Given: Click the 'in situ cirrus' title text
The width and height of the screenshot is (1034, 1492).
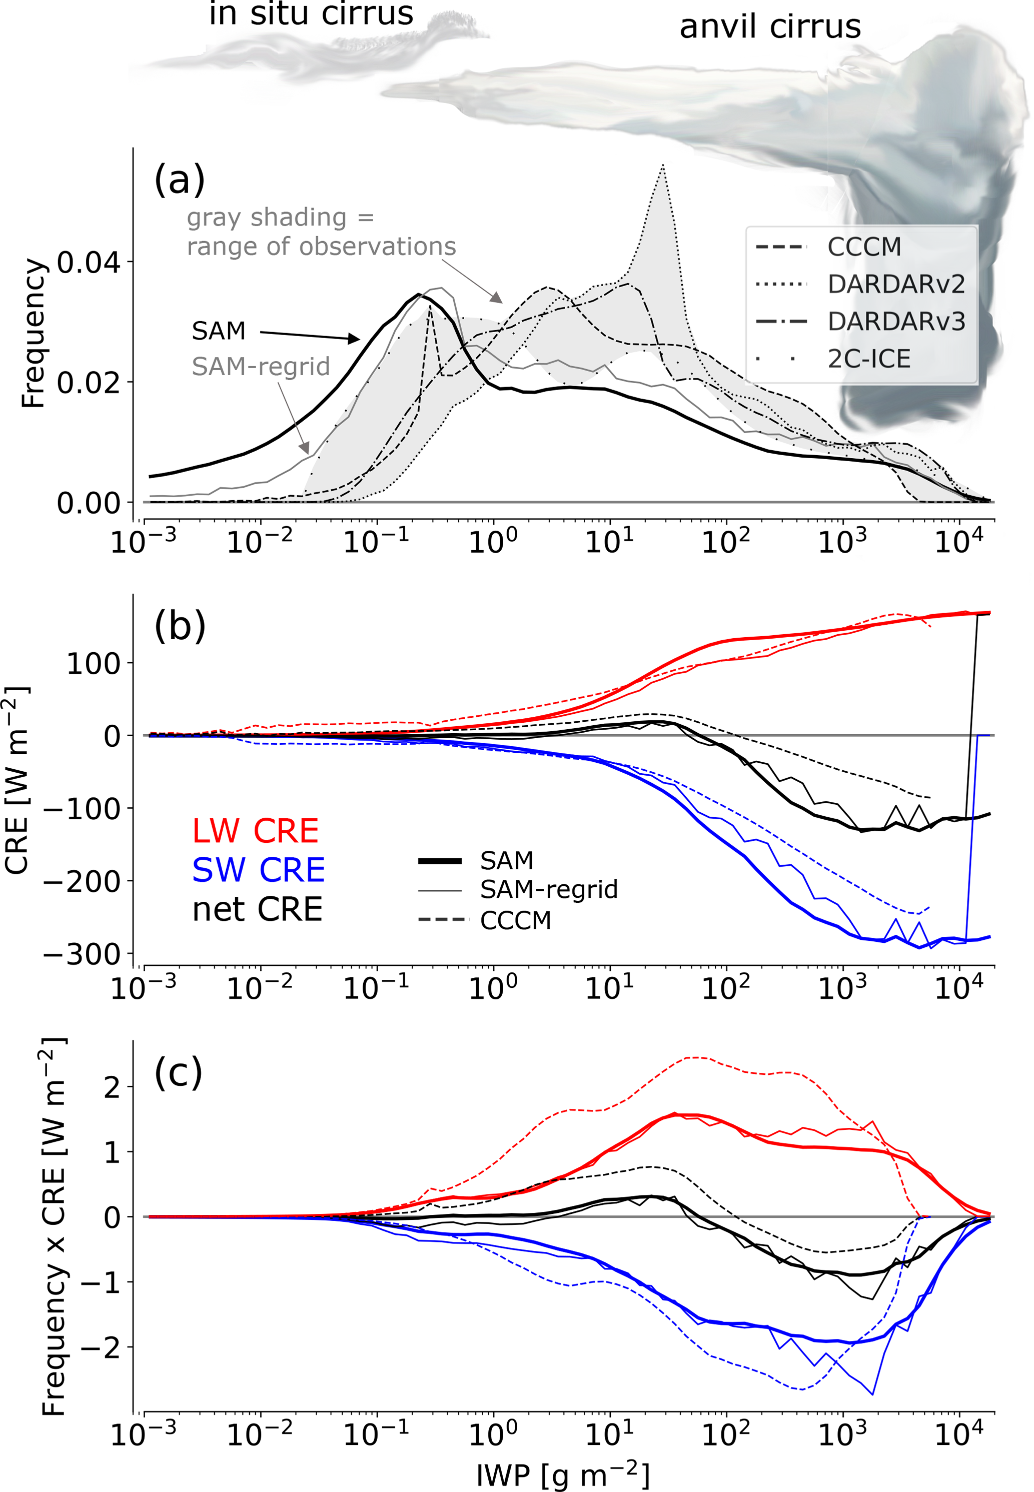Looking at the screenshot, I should point(311,14).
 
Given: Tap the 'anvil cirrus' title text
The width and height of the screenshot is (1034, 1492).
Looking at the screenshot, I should point(770,27).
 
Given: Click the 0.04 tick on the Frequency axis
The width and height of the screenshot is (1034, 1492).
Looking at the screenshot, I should point(88,263).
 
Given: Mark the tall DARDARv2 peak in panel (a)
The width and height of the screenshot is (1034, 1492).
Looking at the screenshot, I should point(663,166).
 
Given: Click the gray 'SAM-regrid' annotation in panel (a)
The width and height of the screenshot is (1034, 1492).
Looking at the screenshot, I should point(261,367).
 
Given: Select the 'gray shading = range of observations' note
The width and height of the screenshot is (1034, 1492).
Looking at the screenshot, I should point(321,232).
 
